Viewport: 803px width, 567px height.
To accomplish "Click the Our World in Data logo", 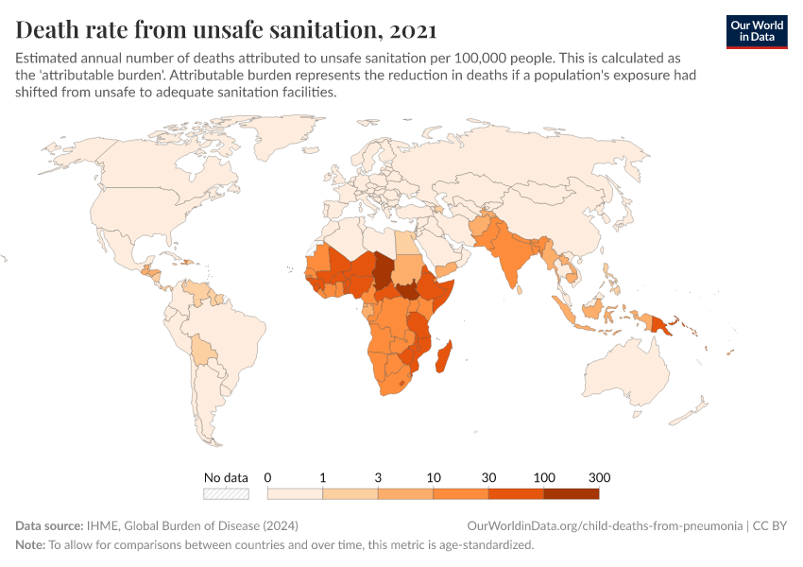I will [756, 30].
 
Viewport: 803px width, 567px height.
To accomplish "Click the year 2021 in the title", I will [411, 29].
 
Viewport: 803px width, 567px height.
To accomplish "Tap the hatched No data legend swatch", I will [226, 493].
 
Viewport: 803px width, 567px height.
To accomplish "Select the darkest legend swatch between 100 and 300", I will [571, 493].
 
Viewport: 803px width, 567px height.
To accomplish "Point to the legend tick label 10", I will [434, 476].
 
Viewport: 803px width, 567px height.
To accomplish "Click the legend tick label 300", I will [598, 476].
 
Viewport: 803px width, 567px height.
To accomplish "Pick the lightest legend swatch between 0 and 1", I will [295, 493].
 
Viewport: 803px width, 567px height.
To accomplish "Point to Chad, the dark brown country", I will [382, 270].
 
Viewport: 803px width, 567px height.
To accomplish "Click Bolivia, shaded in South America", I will [202, 351].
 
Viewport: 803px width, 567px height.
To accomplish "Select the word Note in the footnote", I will [30, 545].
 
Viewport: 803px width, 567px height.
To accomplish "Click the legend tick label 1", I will [322, 476].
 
